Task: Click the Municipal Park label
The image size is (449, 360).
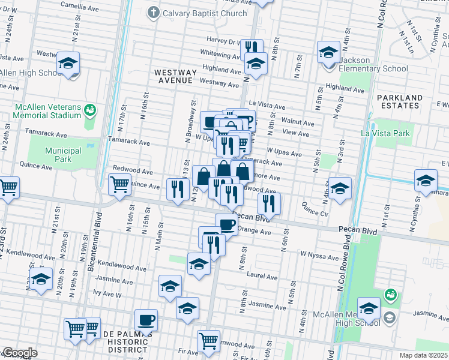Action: pyautogui.click(x=63, y=155)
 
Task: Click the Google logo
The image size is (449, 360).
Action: pyautogui.click(x=19, y=353)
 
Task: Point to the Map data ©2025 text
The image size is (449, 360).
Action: pyautogui.click(x=423, y=355)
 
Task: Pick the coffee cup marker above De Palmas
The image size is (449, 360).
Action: pyautogui.click(x=146, y=320)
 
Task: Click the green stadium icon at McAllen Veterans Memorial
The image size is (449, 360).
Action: pyautogui.click(x=90, y=110)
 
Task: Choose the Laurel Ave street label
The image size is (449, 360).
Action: pyautogui.click(x=262, y=277)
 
